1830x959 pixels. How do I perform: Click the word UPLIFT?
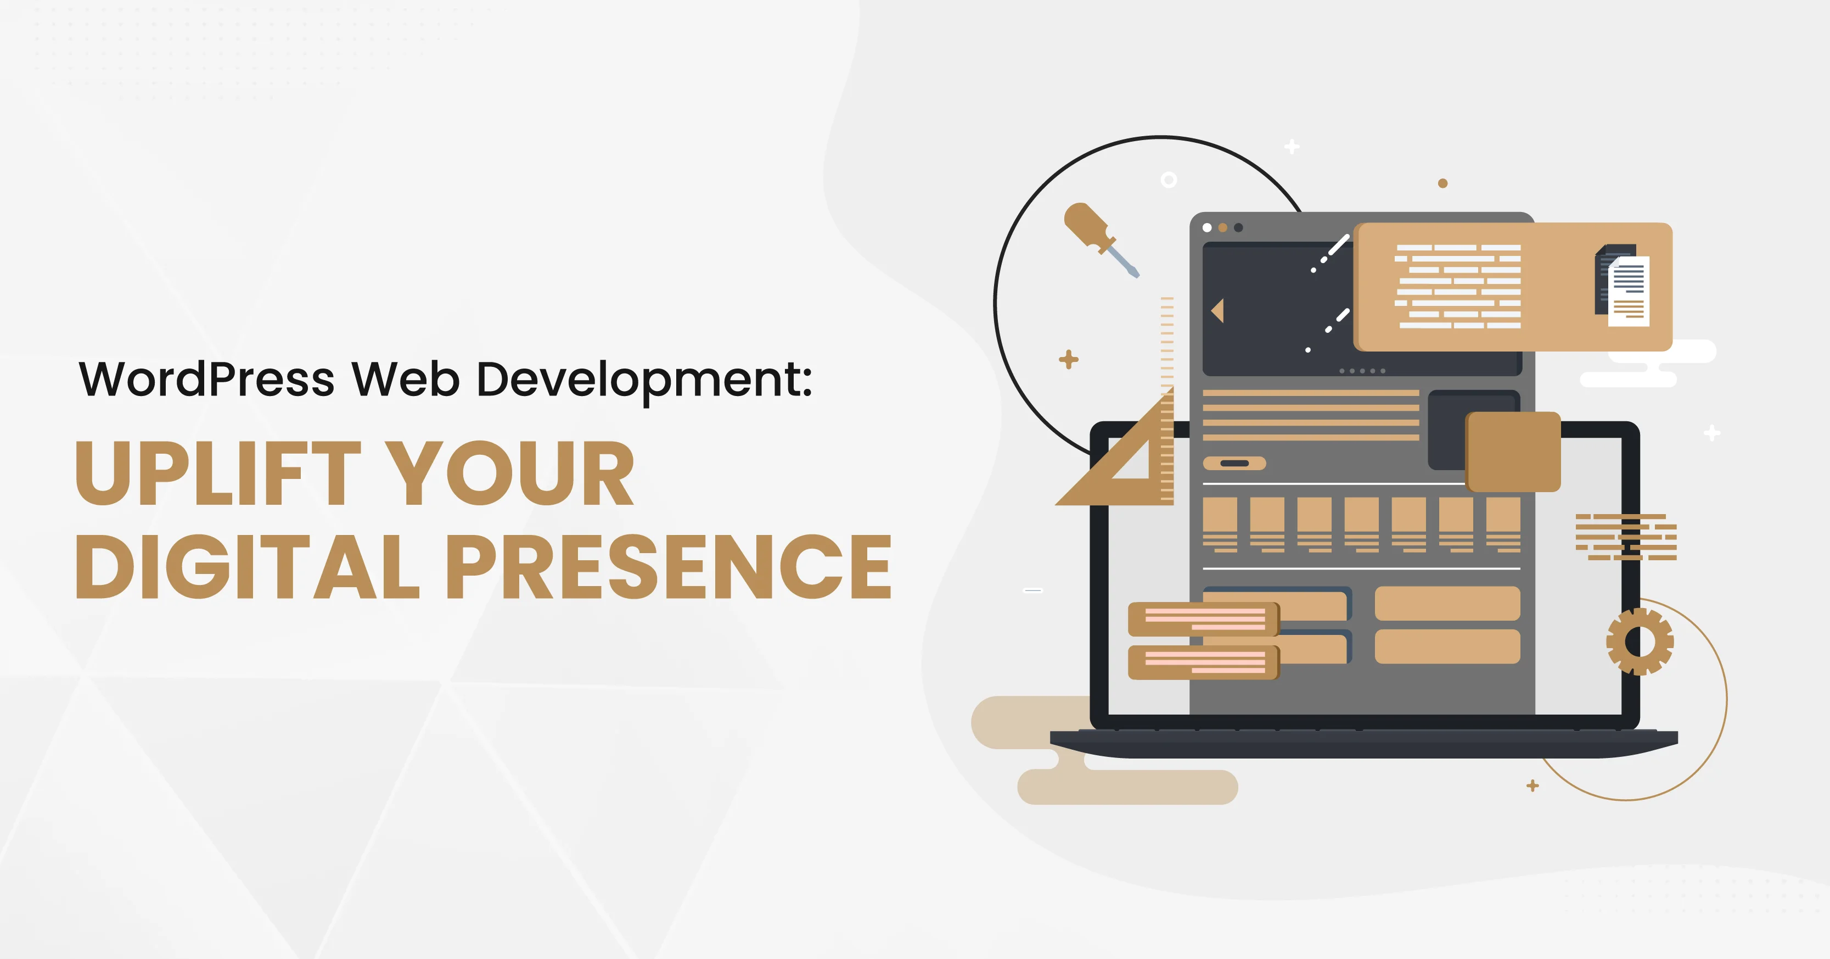[x=218, y=473]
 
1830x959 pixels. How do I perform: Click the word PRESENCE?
[x=668, y=567]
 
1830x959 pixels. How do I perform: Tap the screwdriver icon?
[x=1100, y=238]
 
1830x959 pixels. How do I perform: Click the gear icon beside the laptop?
[x=1640, y=642]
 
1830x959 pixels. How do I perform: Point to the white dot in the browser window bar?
[x=1207, y=227]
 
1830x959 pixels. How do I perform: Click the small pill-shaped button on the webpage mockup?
[x=1234, y=464]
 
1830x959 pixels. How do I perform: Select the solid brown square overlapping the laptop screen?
[x=1513, y=452]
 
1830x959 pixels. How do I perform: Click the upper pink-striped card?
[x=1203, y=619]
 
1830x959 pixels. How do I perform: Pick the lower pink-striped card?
[x=1203, y=662]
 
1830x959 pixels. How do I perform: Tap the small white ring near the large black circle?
[x=1169, y=180]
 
